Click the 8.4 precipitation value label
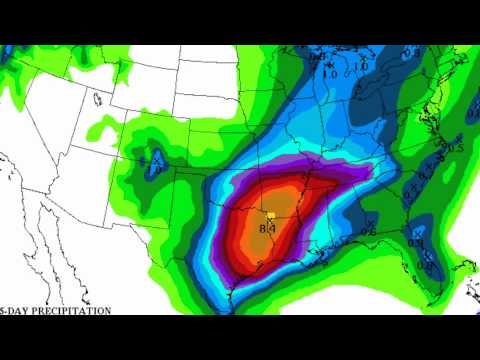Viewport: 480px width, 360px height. point(267,229)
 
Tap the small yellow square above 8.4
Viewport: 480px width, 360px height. point(270,215)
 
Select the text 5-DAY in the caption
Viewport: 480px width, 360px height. point(14,311)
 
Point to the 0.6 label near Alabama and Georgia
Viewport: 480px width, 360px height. point(368,233)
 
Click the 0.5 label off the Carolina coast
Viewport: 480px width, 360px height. point(458,148)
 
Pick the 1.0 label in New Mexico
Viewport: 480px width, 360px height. point(155,170)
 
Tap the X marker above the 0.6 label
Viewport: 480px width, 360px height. point(370,221)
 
